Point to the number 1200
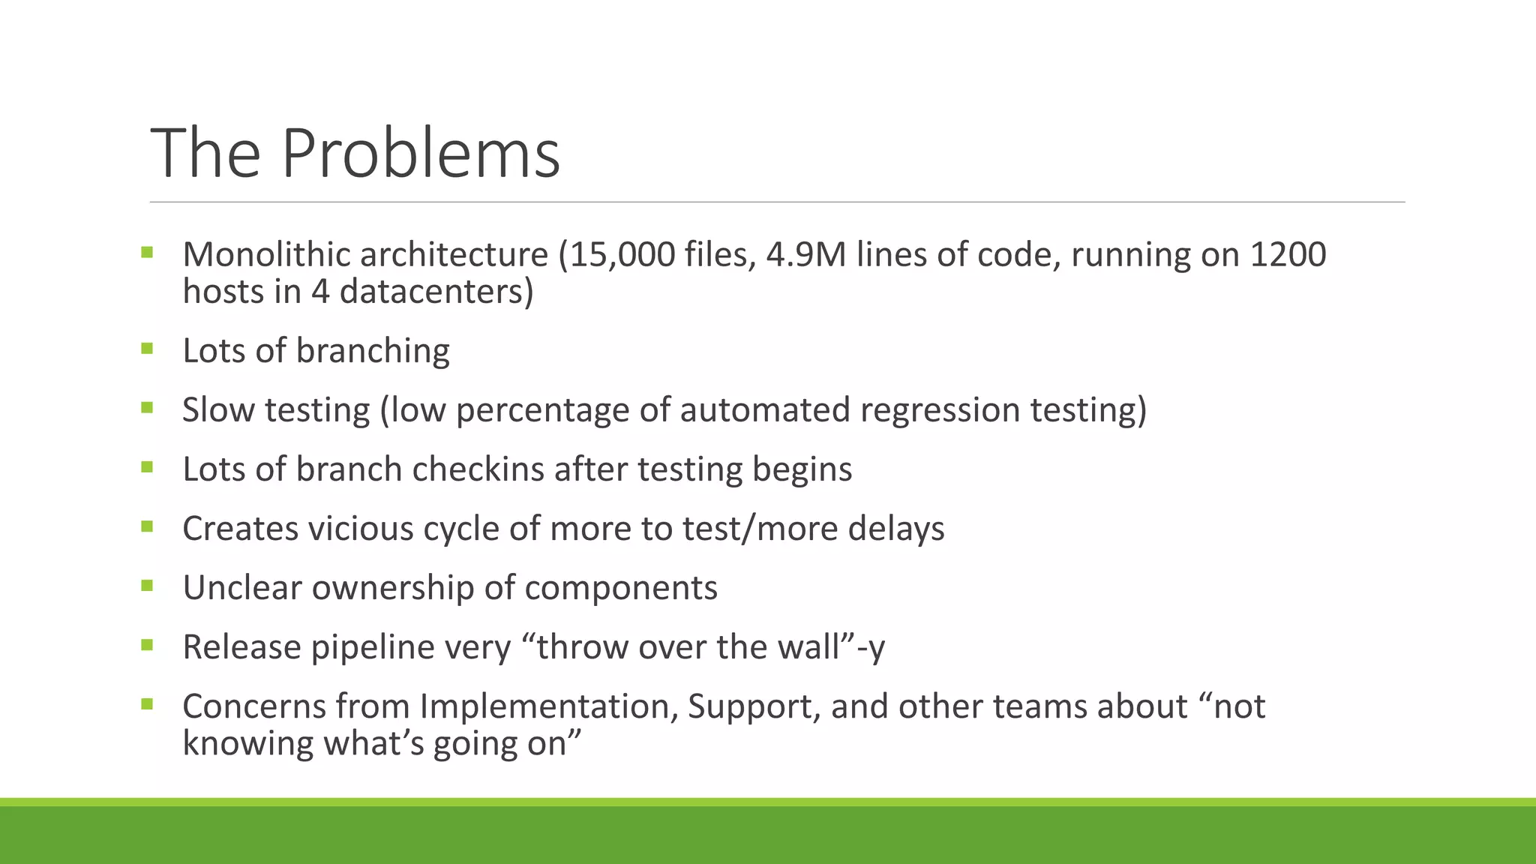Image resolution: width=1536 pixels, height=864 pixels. tap(1287, 255)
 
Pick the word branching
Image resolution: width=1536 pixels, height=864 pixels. tap(373, 351)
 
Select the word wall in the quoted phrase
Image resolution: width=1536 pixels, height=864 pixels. tap(809, 647)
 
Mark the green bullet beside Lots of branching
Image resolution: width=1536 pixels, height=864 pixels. tap(146, 349)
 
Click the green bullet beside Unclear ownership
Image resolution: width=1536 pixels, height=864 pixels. tap(146, 586)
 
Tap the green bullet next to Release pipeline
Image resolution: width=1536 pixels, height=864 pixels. tap(146, 645)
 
